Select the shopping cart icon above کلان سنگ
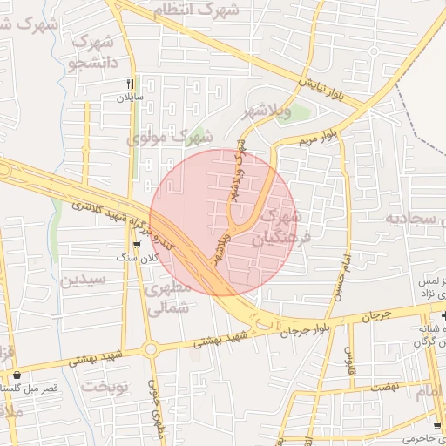137,246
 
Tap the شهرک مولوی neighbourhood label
170,137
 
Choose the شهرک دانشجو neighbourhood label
91,51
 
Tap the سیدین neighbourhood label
83,280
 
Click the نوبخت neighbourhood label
105,385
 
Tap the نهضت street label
381,385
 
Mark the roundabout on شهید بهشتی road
151,350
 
